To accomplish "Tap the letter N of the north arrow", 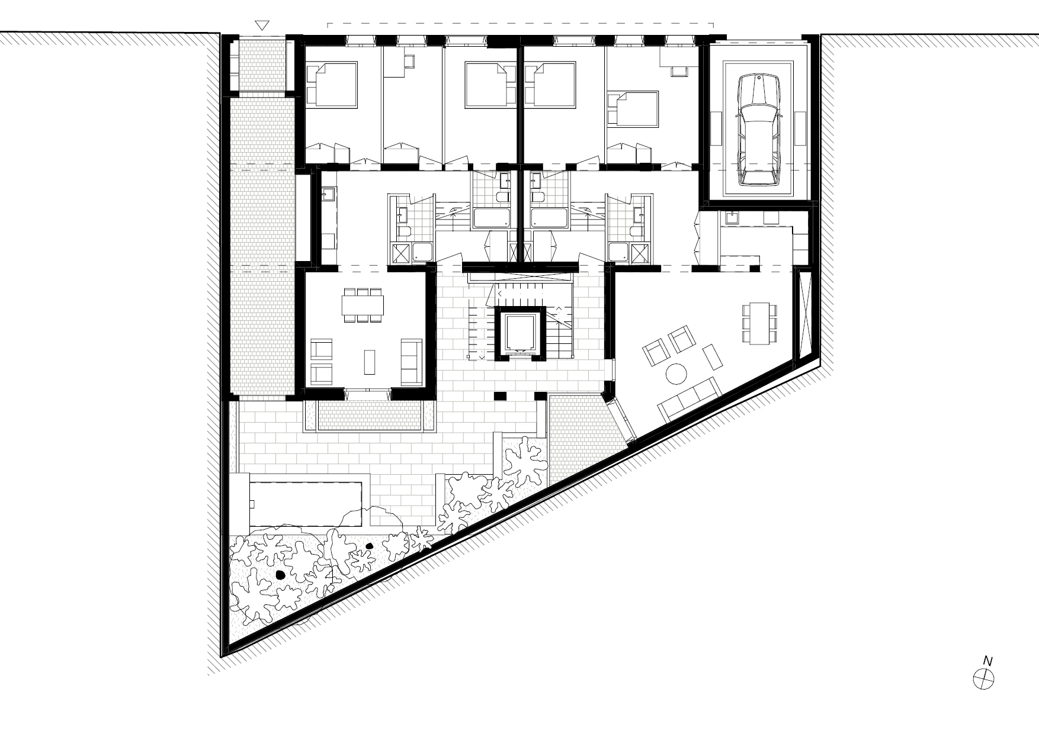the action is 987,660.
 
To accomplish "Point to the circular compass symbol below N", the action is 984,678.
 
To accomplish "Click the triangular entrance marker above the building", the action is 262,25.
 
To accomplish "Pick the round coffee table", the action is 677,374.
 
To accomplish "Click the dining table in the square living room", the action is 363,305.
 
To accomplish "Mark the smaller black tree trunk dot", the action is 370,546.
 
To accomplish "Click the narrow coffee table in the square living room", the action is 370,362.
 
